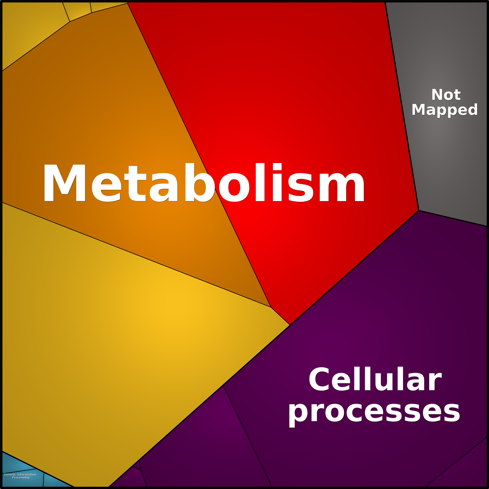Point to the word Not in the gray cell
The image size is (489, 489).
click(446, 95)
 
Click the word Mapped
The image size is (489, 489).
click(444, 110)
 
